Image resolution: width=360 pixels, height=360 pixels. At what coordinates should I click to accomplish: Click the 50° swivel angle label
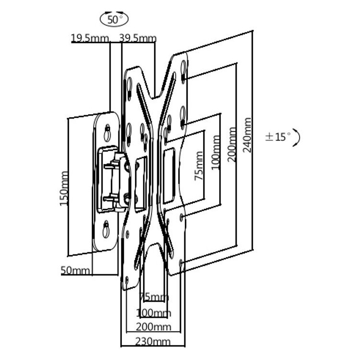coord(114,20)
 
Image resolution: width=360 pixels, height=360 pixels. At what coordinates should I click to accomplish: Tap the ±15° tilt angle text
coord(278,137)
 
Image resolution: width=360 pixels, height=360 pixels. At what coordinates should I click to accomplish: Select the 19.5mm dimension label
coord(90,38)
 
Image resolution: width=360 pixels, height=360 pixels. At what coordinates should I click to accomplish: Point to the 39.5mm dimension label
coord(138,38)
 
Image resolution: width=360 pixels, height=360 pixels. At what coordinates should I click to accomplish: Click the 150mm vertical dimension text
coord(64,189)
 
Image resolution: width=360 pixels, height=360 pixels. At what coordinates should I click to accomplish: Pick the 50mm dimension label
coord(75,270)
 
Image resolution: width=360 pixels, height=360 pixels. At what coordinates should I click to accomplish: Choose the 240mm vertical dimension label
coord(247,135)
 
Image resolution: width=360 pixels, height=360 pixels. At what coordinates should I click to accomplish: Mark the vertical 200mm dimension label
coord(232,144)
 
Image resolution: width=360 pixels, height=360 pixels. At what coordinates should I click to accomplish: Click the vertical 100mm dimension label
coord(216,153)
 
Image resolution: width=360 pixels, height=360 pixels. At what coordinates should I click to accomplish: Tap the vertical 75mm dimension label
coord(199,166)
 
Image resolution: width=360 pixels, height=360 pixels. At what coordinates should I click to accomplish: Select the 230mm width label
coord(153,342)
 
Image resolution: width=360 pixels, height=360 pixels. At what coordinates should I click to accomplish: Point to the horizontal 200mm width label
coord(154,327)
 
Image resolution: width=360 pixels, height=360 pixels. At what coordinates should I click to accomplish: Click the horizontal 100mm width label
coord(154,312)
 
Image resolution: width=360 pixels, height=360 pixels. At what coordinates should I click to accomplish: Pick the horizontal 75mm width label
coord(154,297)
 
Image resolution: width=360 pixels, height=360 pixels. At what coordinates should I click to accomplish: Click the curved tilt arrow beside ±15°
coord(297,138)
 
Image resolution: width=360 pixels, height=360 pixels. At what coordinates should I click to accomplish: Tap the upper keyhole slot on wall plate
coord(107,132)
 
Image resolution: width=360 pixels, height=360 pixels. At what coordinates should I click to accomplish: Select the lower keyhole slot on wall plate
coord(106,229)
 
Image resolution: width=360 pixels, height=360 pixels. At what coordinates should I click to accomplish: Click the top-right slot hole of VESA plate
coord(183,68)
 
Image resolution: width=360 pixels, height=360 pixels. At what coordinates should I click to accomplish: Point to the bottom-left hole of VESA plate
coord(127,280)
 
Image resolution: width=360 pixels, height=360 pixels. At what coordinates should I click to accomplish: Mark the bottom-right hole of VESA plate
coord(181,263)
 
